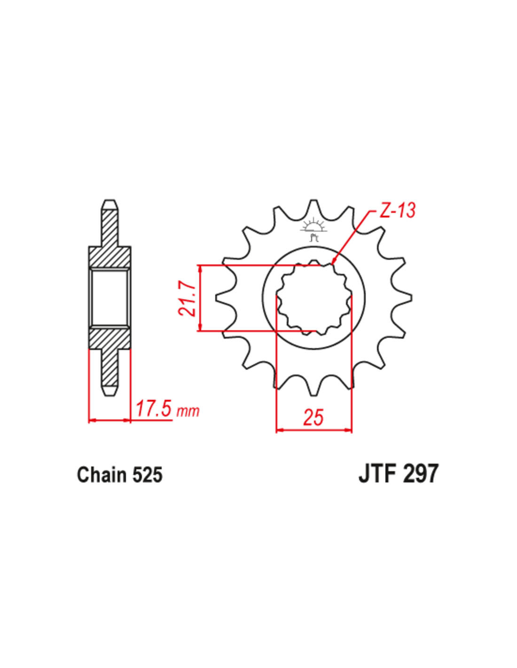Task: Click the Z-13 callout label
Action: (397, 210)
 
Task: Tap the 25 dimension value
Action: (313, 417)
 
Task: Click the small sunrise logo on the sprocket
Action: (313, 229)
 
